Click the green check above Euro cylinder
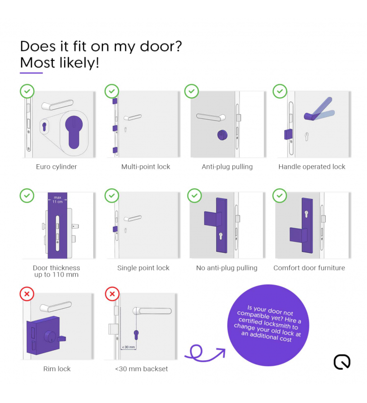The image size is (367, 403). (27, 91)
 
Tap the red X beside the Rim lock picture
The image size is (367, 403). (27, 294)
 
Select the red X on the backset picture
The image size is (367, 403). (112, 294)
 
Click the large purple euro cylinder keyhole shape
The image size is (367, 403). (74, 131)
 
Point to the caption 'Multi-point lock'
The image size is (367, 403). (146, 167)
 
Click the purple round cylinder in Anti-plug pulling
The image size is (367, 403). (222, 135)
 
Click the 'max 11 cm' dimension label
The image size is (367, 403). (57, 199)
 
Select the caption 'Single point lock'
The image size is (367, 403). (143, 268)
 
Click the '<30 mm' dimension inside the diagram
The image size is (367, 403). (129, 347)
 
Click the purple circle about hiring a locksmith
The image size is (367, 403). (268, 325)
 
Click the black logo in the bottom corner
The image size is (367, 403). (342, 362)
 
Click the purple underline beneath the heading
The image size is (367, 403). (31, 73)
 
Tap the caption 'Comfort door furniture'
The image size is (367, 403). (309, 268)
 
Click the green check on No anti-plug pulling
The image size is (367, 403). (195, 195)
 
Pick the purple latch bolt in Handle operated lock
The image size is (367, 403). (288, 134)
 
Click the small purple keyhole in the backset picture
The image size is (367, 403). (136, 335)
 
